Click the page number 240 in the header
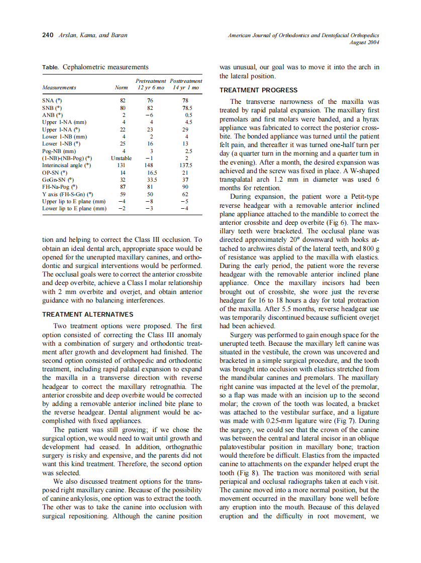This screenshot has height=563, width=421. (x=47, y=35)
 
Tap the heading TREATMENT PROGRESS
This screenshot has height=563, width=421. (x=258, y=90)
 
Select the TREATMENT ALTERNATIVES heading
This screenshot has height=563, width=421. (x=87, y=315)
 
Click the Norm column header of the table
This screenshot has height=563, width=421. (x=121, y=88)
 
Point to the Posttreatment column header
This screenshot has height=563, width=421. (x=186, y=81)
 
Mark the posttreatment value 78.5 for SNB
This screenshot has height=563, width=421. (x=186, y=108)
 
